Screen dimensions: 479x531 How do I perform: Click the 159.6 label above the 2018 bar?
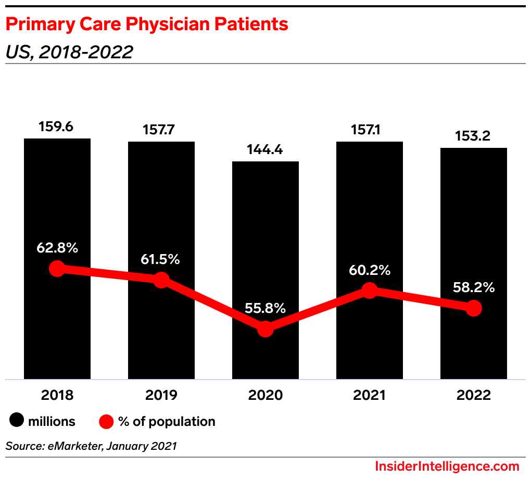(57, 127)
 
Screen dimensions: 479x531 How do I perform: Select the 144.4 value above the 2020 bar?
(265, 150)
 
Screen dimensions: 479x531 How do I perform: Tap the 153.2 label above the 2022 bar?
(473, 136)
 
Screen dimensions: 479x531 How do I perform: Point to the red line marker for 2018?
(57, 269)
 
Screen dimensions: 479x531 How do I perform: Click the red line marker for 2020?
(265, 329)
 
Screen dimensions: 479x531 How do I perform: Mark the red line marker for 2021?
(369, 291)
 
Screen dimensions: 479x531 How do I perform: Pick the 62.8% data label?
(57, 248)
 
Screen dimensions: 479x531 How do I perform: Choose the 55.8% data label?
(265, 308)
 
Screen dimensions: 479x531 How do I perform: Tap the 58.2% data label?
(473, 287)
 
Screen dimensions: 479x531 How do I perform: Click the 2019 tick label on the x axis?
(161, 395)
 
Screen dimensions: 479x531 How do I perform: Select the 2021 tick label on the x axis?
(369, 395)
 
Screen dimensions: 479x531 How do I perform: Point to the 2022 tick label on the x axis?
(473, 395)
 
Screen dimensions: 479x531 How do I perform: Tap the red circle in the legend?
(106, 421)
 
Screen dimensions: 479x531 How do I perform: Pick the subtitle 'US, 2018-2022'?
(69, 52)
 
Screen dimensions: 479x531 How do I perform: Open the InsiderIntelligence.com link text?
(447, 466)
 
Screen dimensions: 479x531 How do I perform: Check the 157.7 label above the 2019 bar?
(161, 130)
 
